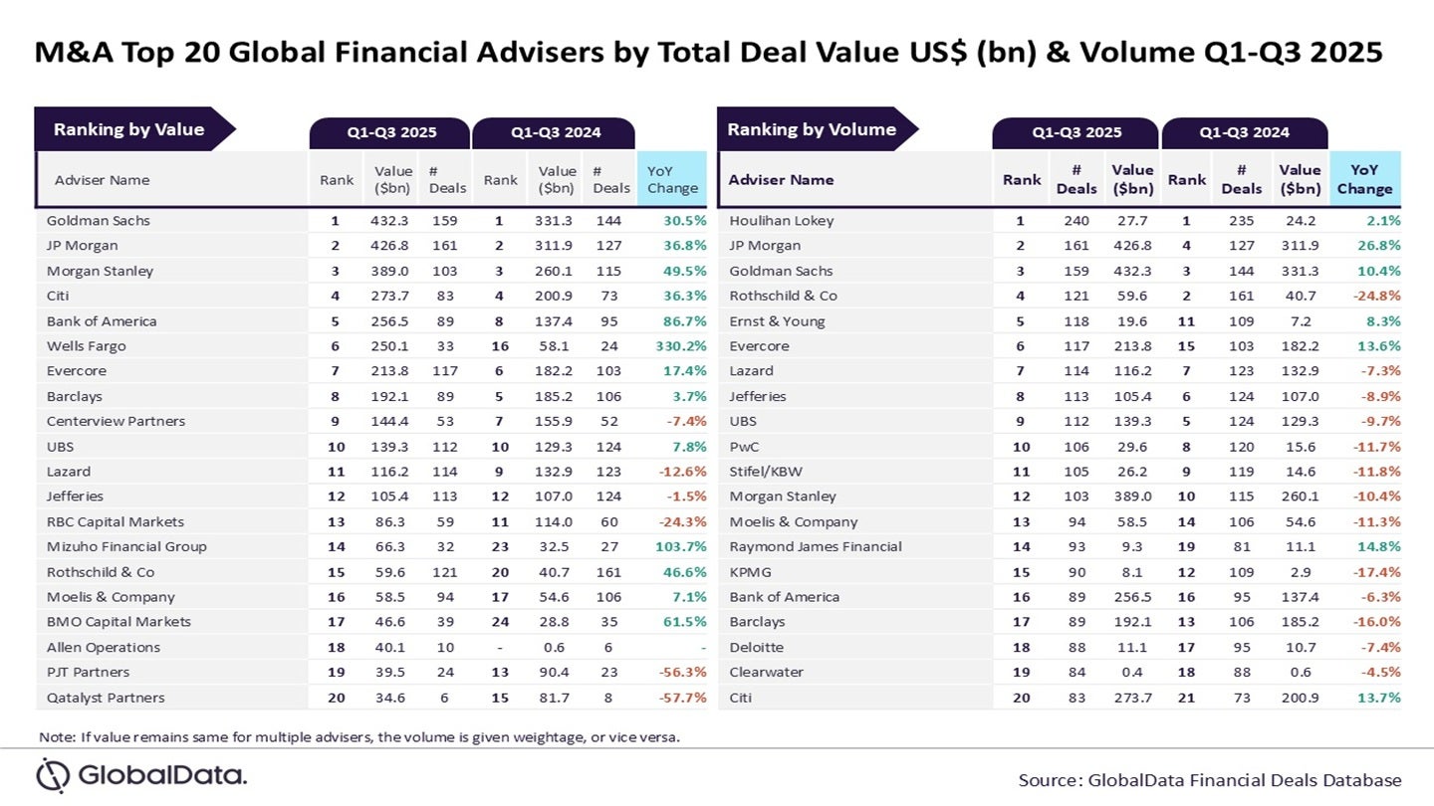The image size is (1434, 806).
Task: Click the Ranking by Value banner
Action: pyautogui.click(x=129, y=129)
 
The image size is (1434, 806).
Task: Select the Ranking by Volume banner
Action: pyautogui.click(x=812, y=129)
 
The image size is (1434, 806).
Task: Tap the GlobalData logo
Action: pyautogui.click(x=140, y=775)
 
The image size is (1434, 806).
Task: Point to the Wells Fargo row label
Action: pyautogui.click(x=87, y=346)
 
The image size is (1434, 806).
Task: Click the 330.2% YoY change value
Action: pyautogui.click(x=676, y=346)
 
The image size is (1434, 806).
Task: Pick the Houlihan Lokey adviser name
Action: pyautogui.click(x=782, y=221)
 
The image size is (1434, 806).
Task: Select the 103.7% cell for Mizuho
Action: pyautogui.click(x=676, y=546)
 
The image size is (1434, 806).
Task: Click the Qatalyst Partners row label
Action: pyautogui.click(x=107, y=698)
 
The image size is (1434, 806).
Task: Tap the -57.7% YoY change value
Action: pyautogui.click(x=678, y=698)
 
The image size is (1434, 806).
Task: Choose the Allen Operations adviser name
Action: pyautogui.click(x=104, y=647)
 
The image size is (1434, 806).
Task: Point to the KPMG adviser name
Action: pyautogui.click(x=751, y=572)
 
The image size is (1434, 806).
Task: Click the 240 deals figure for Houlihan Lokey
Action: pyautogui.click(x=1076, y=221)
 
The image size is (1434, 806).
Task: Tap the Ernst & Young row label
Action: pyautogui.click(x=777, y=321)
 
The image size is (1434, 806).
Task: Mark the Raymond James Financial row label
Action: pyautogui.click(x=816, y=546)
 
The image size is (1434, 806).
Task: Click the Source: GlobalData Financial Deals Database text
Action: pyautogui.click(x=1209, y=780)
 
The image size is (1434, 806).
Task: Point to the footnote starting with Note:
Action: pyautogui.click(x=358, y=737)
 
